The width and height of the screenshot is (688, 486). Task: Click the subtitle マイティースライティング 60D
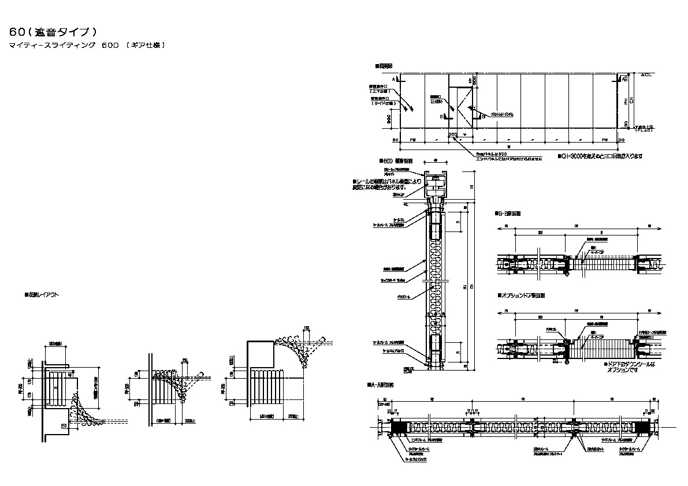click(87, 45)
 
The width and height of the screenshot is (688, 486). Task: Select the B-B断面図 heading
click(509, 213)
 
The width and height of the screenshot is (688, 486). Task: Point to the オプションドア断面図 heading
click(522, 295)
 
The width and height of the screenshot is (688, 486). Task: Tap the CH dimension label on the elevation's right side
click(632, 100)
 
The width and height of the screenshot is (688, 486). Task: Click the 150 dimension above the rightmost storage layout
click(307, 328)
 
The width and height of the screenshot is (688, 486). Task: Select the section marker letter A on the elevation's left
click(393, 78)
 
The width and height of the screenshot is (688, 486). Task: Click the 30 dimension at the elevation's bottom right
click(621, 140)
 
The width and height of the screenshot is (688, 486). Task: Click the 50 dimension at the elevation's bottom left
click(396, 140)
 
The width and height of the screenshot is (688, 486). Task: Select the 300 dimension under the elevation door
click(453, 135)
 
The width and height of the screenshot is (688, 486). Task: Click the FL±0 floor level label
click(644, 130)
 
